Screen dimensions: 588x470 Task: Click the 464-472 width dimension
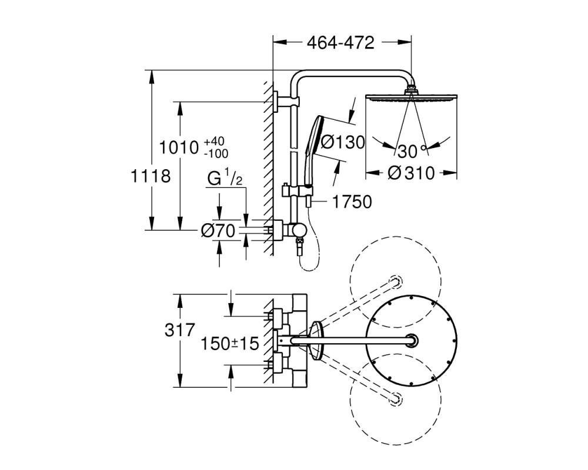[x=340, y=43]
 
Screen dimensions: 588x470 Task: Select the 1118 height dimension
[x=151, y=176]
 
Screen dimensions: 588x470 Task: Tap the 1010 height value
[x=179, y=147]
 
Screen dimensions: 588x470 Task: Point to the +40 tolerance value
[x=214, y=142]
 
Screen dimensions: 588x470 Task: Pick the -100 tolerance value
[x=216, y=153]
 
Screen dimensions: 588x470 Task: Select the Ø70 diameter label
[x=218, y=230]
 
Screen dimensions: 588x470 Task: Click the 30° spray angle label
[x=412, y=151]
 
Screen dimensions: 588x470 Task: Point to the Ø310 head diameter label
[x=412, y=173]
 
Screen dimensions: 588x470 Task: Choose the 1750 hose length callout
[x=352, y=202]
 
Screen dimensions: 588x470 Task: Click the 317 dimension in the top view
[x=180, y=330]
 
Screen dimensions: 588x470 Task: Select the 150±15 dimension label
[x=230, y=343]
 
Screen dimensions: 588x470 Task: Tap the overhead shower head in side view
[x=412, y=96]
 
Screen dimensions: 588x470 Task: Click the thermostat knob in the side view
[x=300, y=230]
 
